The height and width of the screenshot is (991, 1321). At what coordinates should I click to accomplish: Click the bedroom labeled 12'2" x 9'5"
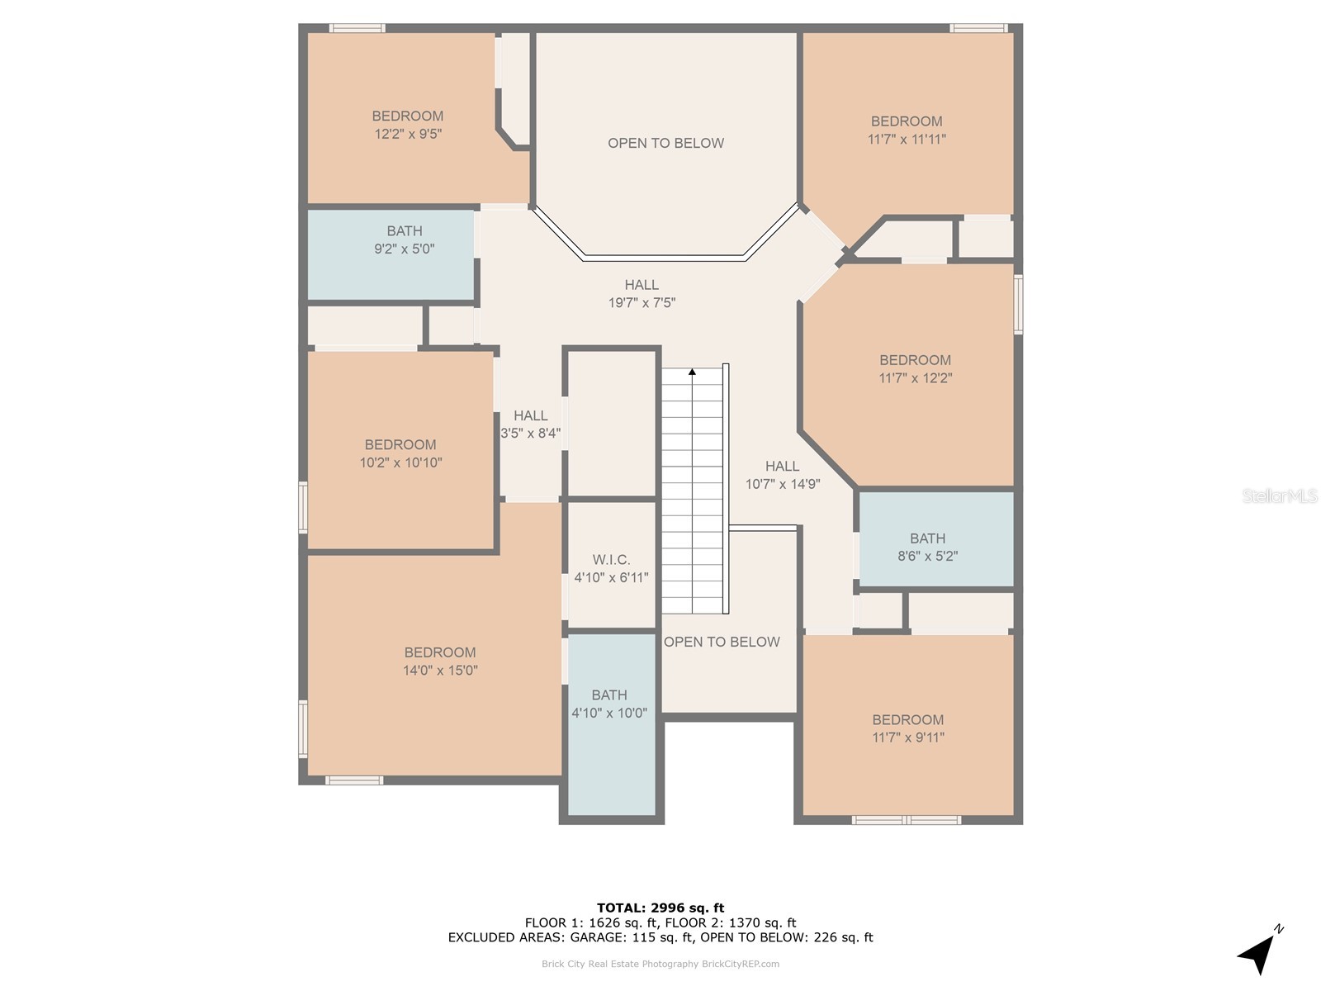pyautogui.click(x=407, y=125)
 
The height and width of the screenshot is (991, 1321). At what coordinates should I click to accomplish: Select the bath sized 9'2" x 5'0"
pyautogui.click(x=391, y=254)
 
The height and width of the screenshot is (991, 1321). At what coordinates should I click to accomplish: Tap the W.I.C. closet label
pyautogui.click(x=611, y=560)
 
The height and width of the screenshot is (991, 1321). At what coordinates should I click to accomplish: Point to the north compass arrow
pyautogui.click(x=1257, y=952)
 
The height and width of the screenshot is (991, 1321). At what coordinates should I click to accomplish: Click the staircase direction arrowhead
pyautogui.click(x=692, y=372)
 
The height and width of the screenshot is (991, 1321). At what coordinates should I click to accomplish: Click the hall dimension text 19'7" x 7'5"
pyautogui.click(x=642, y=302)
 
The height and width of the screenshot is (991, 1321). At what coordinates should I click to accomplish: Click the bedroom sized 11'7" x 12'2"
pyautogui.click(x=915, y=374)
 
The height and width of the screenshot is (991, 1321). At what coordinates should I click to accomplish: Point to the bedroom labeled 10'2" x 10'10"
pyautogui.click(x=400, y=450)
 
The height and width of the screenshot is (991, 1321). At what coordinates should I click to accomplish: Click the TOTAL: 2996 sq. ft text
pyautogui.click(x=660, y=908)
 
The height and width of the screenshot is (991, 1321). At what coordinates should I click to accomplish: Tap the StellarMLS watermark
pyautogui.click(x=1280, y=495)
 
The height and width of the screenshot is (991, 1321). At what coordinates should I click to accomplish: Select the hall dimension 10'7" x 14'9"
pyautogui.click(x=783, y=484)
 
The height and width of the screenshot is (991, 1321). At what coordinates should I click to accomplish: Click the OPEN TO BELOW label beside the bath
pyautogui.click(x=722, y=642)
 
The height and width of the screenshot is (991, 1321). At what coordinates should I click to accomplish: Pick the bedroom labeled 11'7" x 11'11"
pyautogui.click(x=907, y=130)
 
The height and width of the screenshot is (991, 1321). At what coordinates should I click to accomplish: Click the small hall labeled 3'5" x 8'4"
pyautogui.click(x=530, y=424)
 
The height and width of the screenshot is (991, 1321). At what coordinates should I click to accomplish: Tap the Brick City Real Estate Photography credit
pyautogui.click(x=660, y=964)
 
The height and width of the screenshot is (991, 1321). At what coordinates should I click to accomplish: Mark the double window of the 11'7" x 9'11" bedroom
pyautogui.click(x=907, y=819)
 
